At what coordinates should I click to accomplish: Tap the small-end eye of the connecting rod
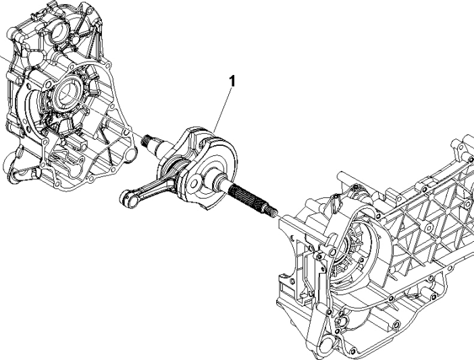click(x=125, y=197)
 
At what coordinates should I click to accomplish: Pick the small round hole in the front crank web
click(x=195, y=180)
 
